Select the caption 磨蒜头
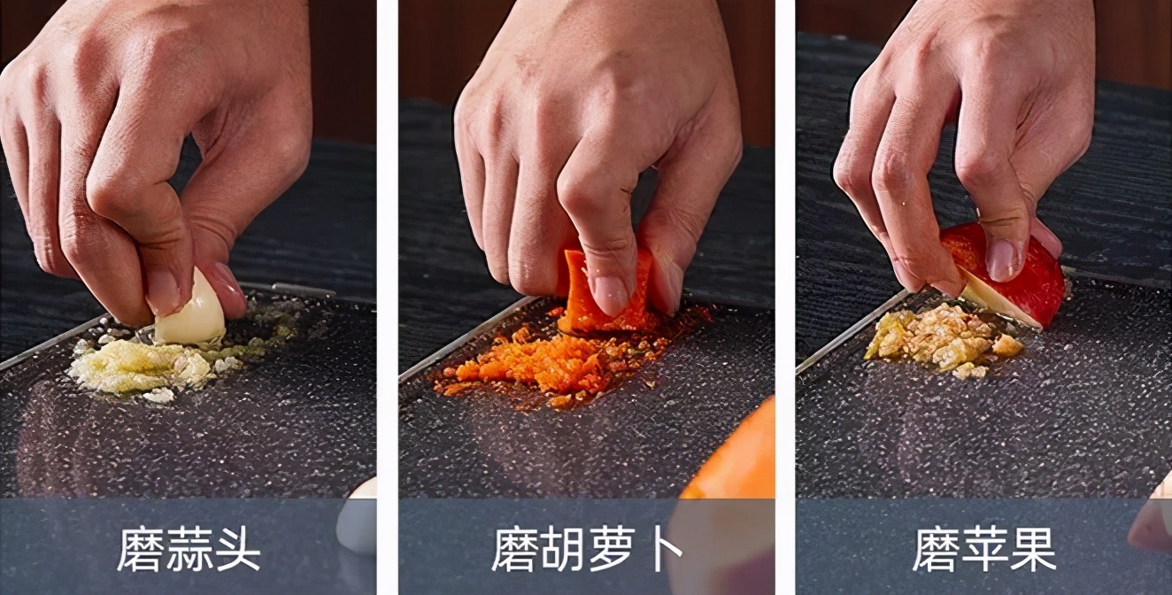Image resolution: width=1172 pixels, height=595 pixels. [x=189, y=549]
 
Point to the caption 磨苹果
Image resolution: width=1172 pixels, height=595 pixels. [x=983, y=549]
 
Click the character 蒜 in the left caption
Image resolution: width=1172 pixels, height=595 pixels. [x=189, y=549]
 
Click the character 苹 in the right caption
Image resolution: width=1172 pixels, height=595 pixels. [x=983, y=549]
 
